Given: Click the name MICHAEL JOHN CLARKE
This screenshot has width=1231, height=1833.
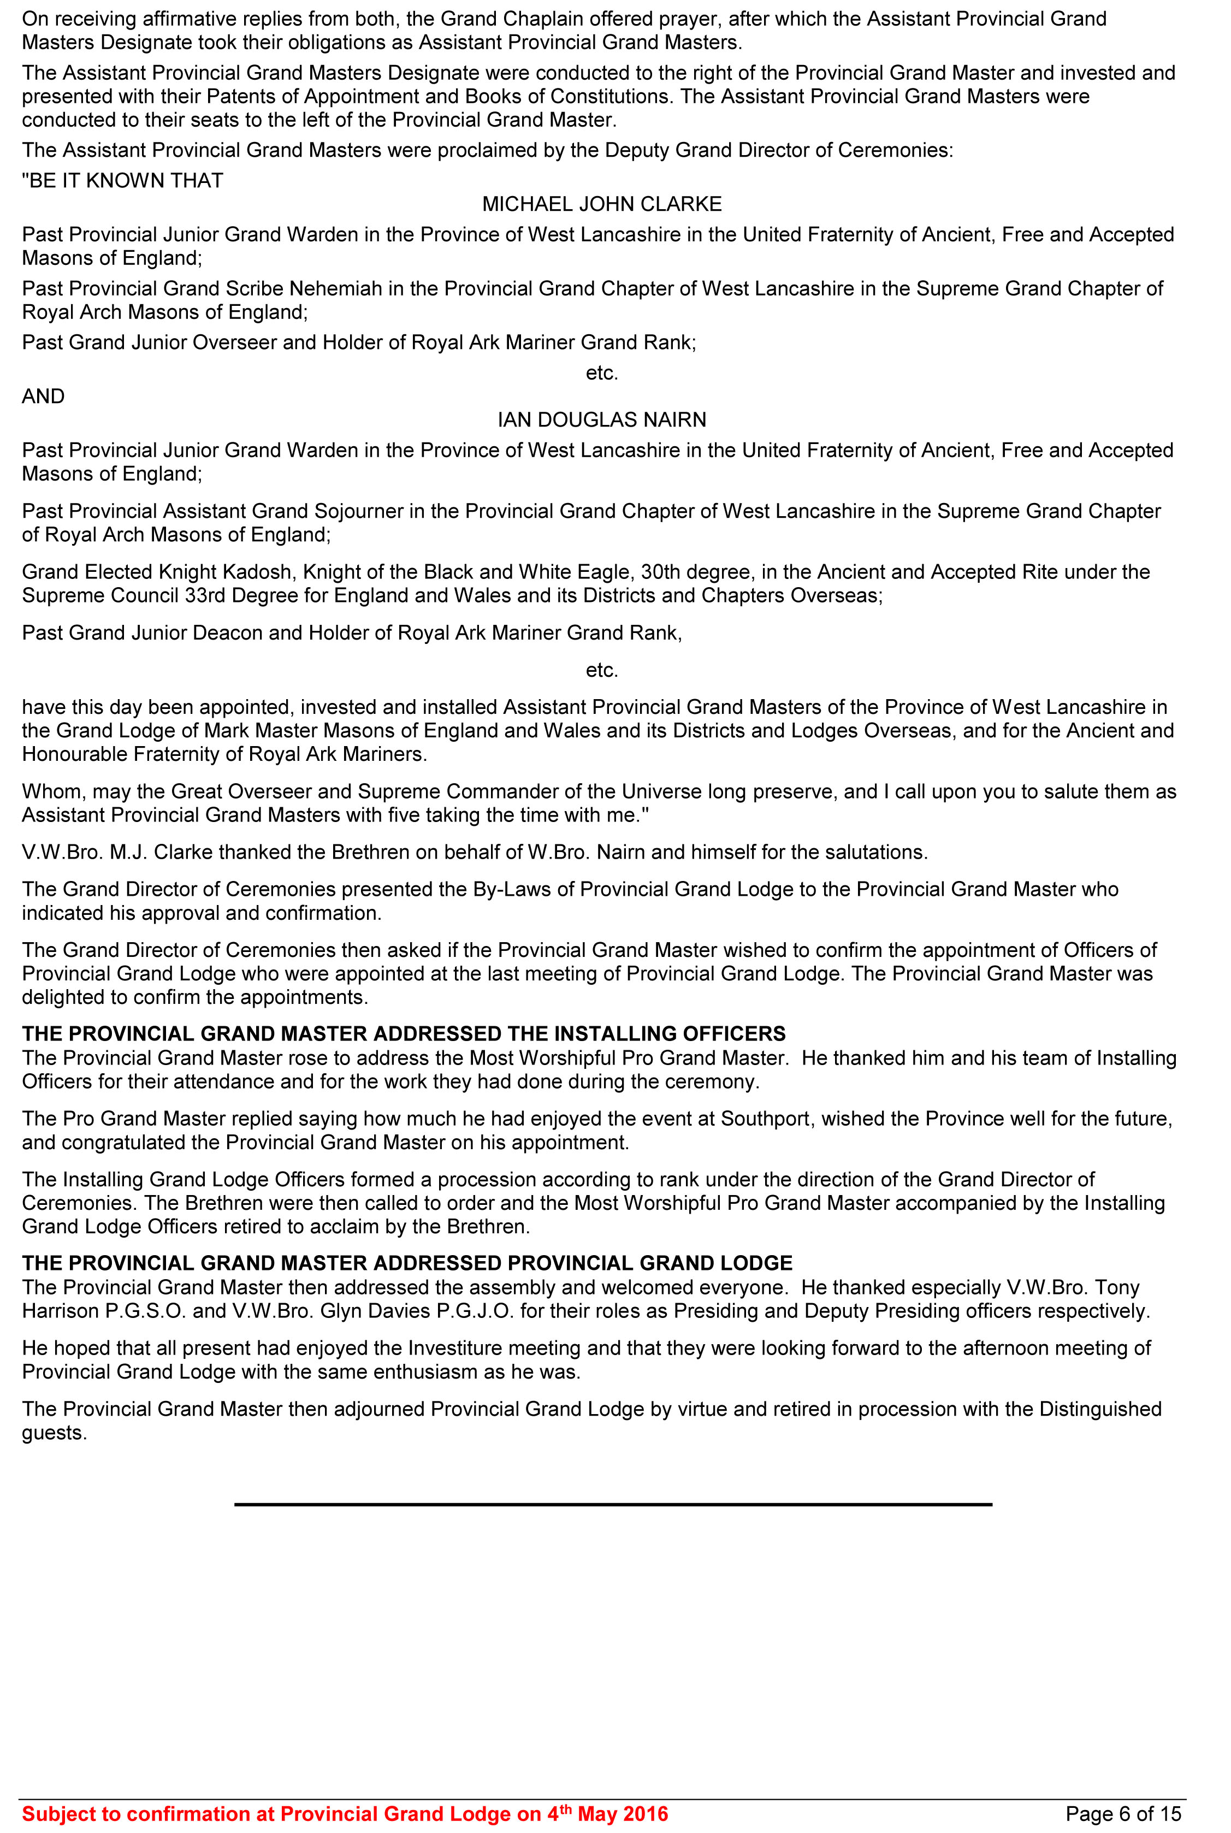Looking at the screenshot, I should click(x=601, y=204).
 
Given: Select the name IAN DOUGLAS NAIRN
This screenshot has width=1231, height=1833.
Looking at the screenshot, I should click(x=601, y=420).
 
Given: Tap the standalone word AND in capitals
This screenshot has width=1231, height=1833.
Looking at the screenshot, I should click(x=43, y=397).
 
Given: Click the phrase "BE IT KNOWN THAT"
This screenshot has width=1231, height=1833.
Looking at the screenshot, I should click(x=122, y=181).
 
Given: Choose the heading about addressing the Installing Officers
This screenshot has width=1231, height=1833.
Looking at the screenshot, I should click(x=404, y=1034).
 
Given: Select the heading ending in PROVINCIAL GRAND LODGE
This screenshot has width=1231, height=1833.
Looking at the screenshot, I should click(x=407, y=1263).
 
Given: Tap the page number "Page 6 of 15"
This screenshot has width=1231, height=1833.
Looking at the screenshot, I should click(x=1123, y=1813).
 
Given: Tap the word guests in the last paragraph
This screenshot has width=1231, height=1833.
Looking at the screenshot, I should click(x=52, y=1433).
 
